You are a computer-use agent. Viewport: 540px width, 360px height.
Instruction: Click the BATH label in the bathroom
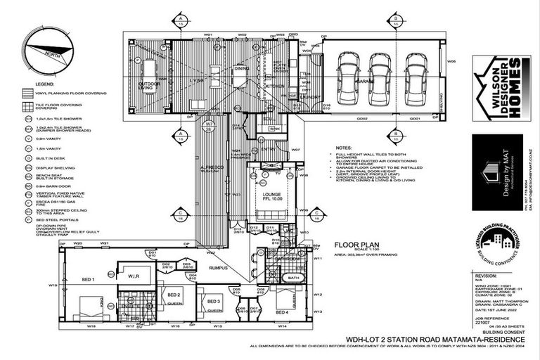292,278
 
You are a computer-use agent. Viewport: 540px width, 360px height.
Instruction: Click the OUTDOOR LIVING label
148,86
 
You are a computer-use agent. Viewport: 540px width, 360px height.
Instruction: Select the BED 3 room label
214,301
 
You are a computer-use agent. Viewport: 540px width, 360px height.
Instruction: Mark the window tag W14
282,327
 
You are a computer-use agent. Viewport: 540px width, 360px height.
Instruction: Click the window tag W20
79,243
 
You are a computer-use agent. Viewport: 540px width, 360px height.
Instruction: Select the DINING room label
241,69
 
